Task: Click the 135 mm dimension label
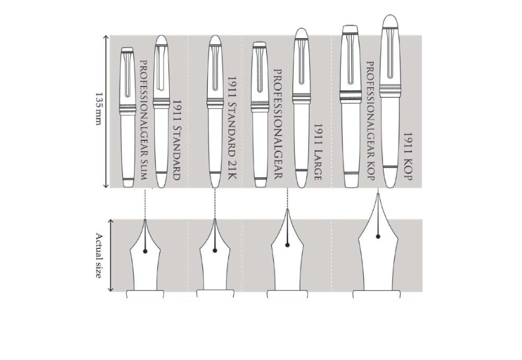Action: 98,109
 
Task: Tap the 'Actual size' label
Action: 99,256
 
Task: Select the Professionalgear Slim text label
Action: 144,120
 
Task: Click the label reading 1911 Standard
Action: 177,140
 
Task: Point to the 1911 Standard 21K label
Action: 232,128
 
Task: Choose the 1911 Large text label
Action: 317,152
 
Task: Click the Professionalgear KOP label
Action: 371,121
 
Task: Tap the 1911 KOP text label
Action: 408,156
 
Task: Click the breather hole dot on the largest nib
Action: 378,236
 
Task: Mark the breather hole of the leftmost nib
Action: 145,251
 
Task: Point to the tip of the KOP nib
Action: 378,194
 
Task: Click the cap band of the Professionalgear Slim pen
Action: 128,110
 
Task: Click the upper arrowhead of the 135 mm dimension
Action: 105,37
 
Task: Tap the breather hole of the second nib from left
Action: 215,250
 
